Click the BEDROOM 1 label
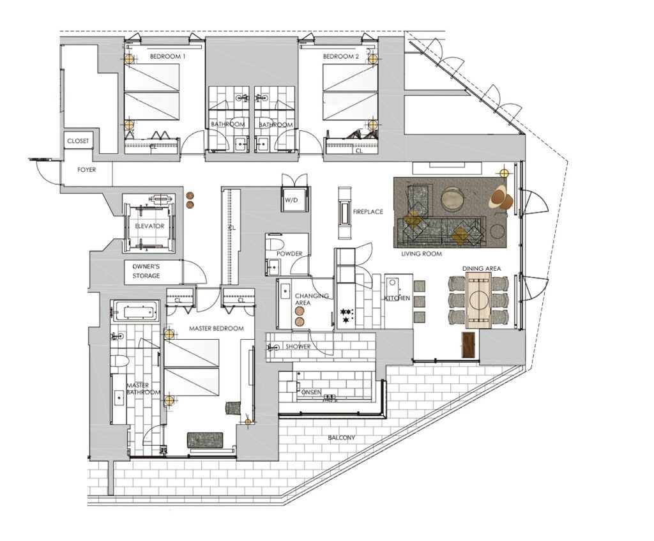[167, 57]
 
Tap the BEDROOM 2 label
[340, 57]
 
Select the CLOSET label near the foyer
[79, 141]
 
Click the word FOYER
[86, 171]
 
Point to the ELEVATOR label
[149, 227]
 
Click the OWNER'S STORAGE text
[146, 271]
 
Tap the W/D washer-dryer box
[291, 201]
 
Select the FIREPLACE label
[368, 211]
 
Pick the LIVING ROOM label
[422, 254]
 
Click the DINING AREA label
[482, 268]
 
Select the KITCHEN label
[397, 298]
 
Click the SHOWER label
[298, 347]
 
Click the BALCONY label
[342, 438]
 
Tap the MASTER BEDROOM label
[217, 328]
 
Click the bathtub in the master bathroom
[135, 312]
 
